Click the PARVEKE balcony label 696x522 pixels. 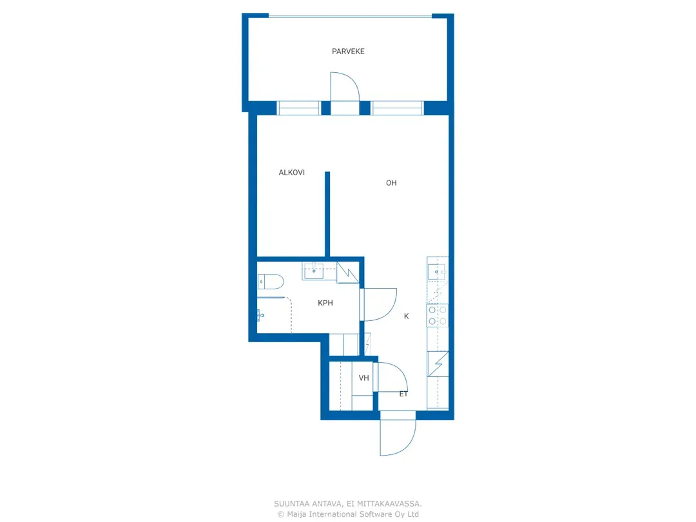[x=348, y=52]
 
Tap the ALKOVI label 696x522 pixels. [x=292, y=173]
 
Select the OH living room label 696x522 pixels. [x=391, y=183]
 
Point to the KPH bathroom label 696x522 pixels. [x=325, y=303]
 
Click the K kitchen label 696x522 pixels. [x=406, y=316]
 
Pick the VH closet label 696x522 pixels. [x=364, y=378]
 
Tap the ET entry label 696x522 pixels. [x=403, y=394]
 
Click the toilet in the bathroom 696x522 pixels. [x=271, y=282]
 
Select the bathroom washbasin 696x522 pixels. [x=313, y=271]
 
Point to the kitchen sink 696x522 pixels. [x=437, y=272]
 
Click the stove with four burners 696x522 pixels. [x=437, y=315]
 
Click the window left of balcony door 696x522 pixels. [x=299, y=108]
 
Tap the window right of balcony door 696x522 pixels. [x=397, y=108]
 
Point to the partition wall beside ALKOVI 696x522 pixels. [x=327, y=215]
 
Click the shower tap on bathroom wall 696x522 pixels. [x=260, y=316]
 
